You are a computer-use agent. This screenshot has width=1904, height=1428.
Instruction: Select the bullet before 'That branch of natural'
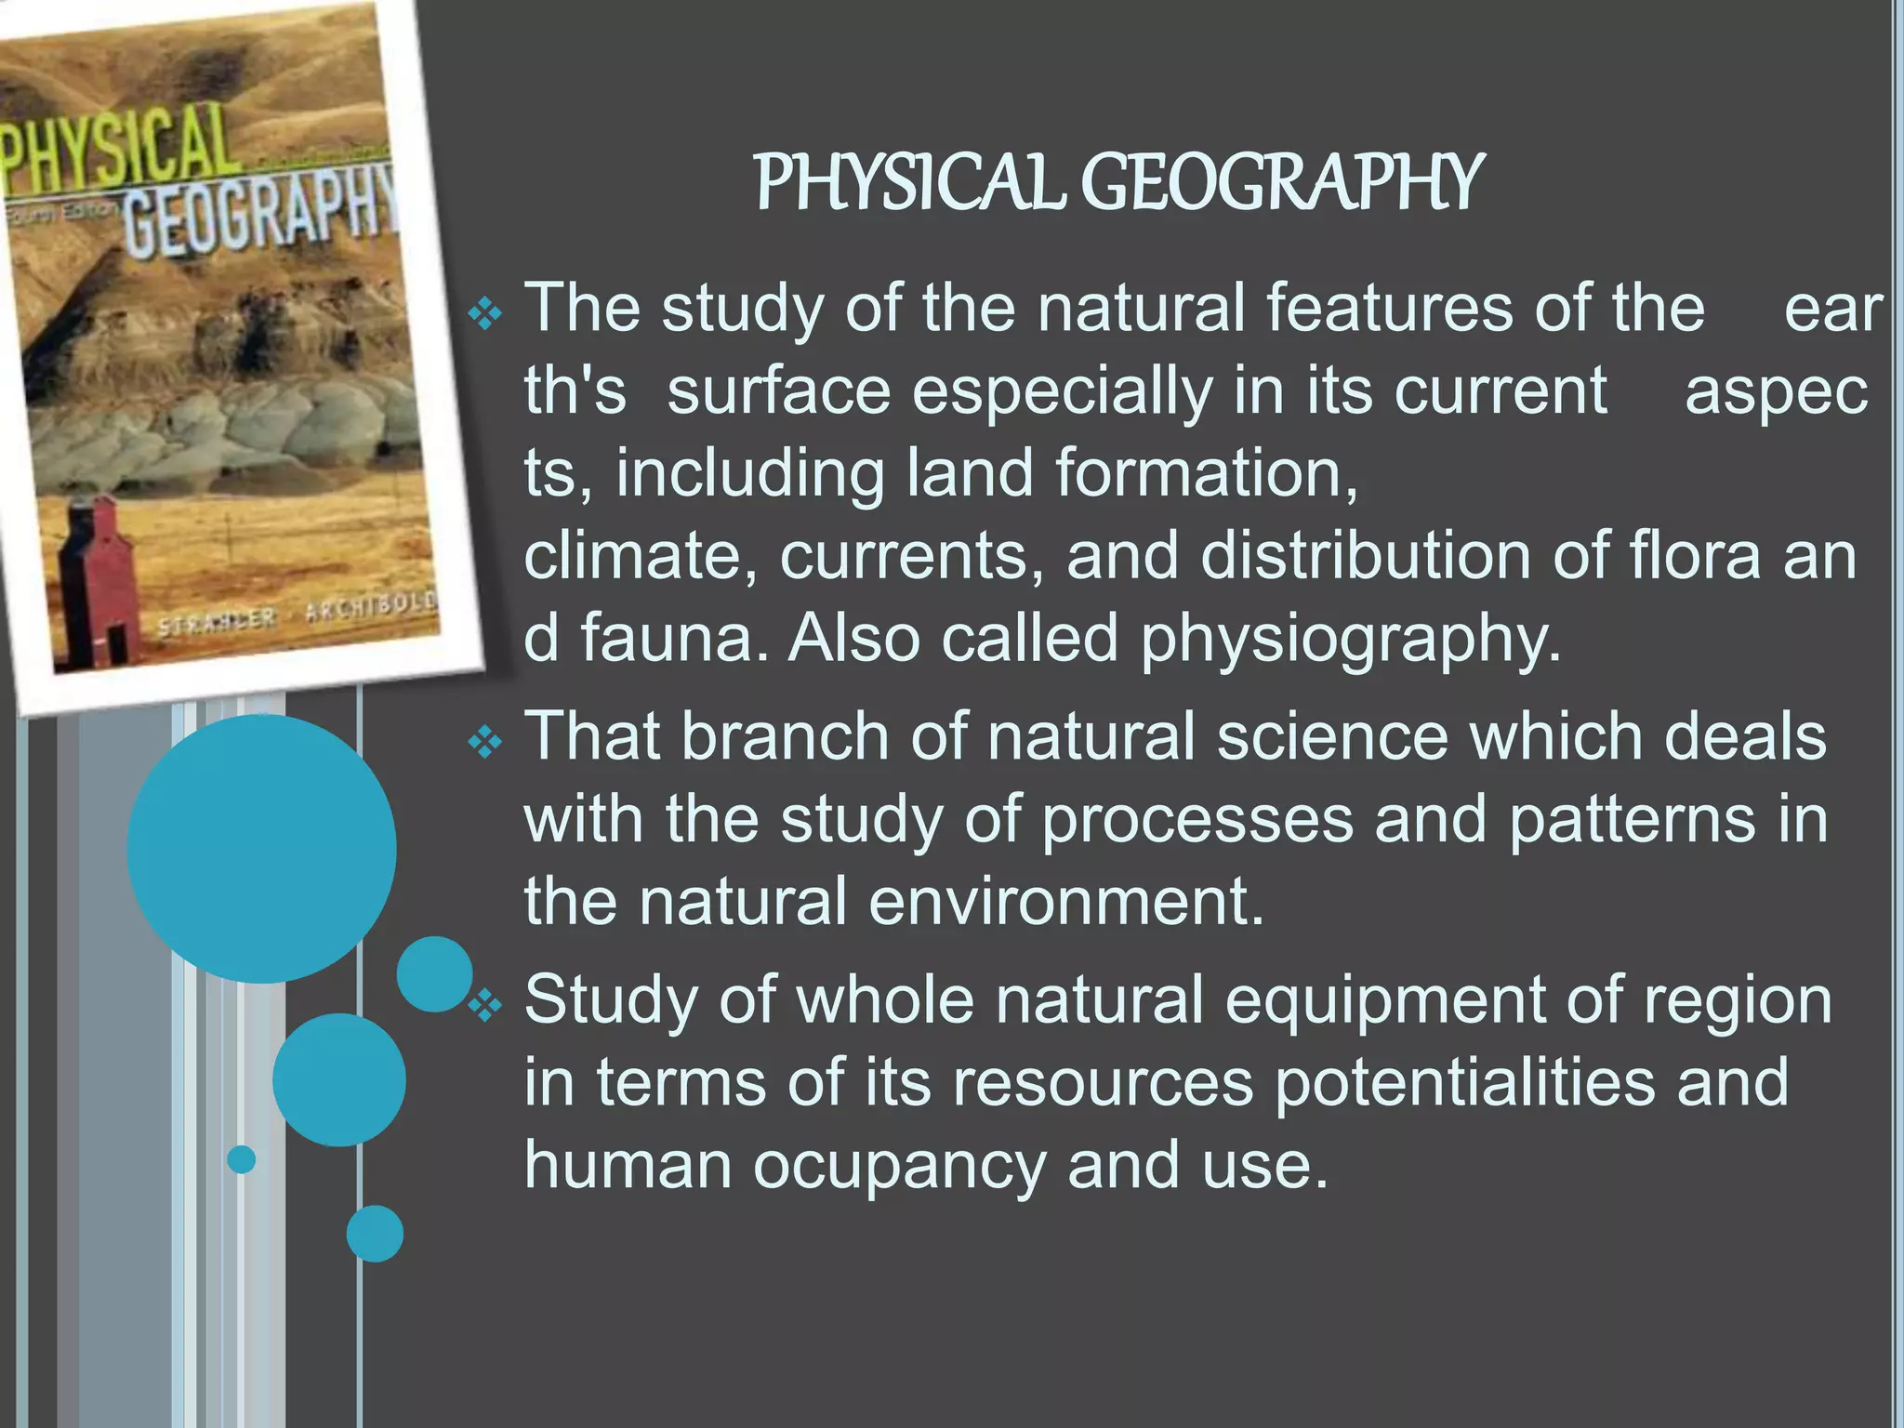[x=484, y=743]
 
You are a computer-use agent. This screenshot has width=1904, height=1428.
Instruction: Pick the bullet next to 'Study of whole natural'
[x=484, y=1005]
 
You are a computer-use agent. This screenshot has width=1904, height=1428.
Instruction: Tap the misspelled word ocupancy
[x=899, y=1166]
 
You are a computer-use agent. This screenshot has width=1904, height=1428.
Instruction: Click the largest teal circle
[x=261, y=848]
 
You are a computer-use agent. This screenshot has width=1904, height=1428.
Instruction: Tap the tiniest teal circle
[x=242, y=1159]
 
